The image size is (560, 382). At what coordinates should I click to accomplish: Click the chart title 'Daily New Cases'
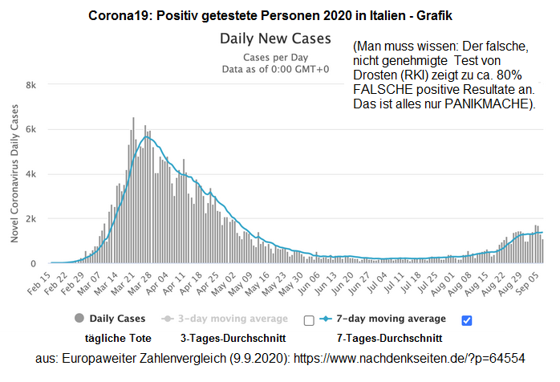277,39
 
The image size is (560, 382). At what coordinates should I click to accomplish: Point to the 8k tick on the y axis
31,85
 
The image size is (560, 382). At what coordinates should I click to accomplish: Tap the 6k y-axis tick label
31,129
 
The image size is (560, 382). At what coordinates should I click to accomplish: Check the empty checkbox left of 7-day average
309,320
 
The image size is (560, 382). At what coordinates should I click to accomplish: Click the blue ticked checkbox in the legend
467,320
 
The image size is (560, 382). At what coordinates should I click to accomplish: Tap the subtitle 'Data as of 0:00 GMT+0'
275,69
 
